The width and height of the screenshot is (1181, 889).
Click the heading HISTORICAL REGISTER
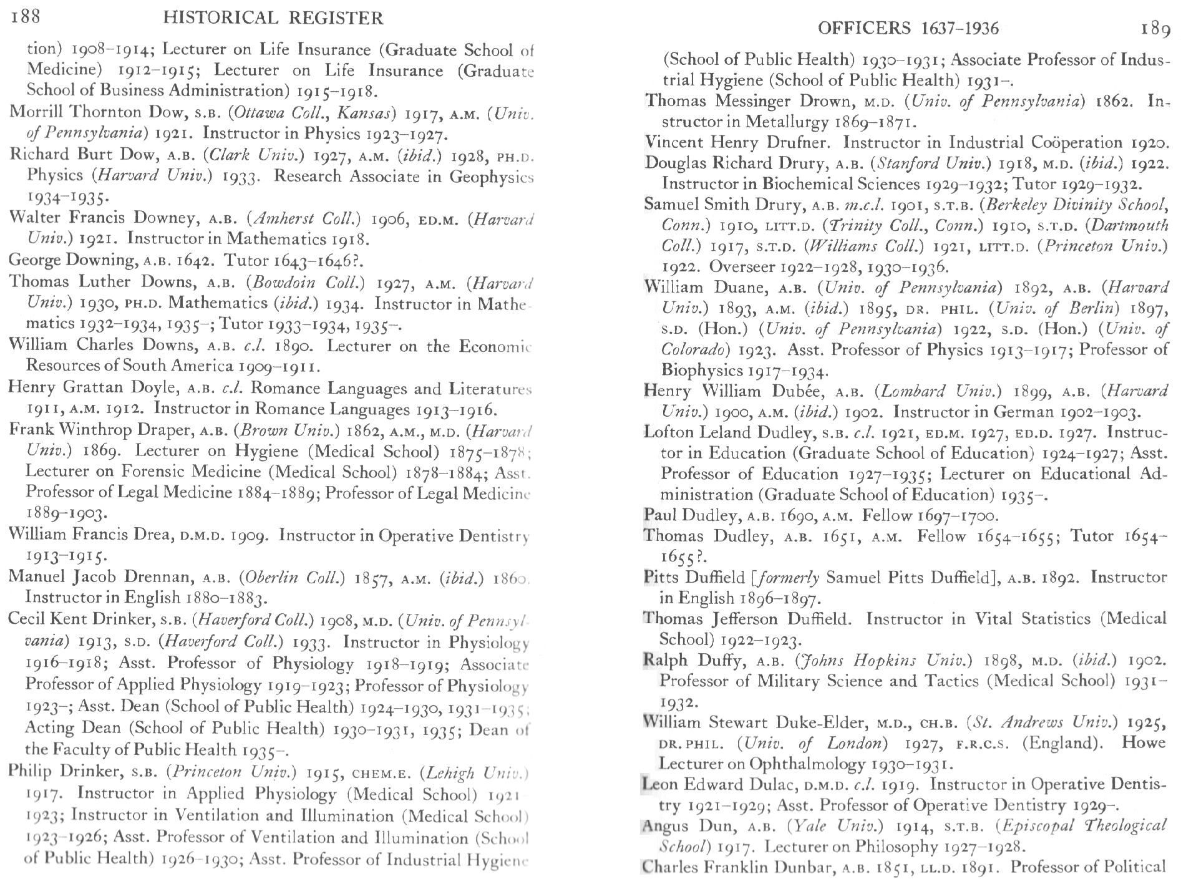coord(273,18)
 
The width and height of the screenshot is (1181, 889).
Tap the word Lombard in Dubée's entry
coord(910,392)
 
